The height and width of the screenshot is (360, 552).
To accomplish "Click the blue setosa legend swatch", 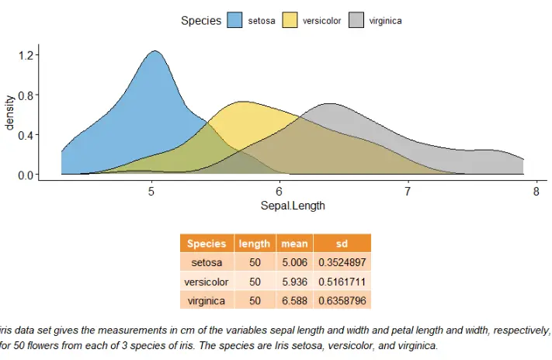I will point(235,21).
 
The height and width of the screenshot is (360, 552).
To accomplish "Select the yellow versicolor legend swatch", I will point(290,21).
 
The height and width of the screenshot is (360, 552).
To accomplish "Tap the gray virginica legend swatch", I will point(357,21).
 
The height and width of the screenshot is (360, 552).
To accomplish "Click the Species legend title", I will point(201,21).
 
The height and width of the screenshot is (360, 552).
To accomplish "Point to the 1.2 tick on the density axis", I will point(25,56).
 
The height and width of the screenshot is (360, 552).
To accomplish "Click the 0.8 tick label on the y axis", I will point(25,95).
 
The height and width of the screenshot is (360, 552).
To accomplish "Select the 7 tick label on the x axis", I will point(408,192).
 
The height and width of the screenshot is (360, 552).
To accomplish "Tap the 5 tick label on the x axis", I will point(151,192).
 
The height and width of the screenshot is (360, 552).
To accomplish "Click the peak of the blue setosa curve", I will point(154,52).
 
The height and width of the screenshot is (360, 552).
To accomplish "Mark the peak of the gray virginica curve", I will point(329,103).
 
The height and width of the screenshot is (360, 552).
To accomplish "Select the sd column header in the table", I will point(342,243).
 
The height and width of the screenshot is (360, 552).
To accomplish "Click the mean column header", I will point(294,243).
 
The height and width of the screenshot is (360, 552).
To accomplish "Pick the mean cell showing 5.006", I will point(294,263).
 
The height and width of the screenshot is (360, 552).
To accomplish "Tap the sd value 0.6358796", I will point(342,299).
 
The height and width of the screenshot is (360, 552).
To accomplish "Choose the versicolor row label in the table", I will point(207,281).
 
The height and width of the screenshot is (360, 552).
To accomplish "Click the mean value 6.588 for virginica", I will point(294,299).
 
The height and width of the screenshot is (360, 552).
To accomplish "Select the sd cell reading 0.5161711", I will point(342,281).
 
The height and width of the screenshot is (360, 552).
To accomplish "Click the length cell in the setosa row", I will point(255,263).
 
